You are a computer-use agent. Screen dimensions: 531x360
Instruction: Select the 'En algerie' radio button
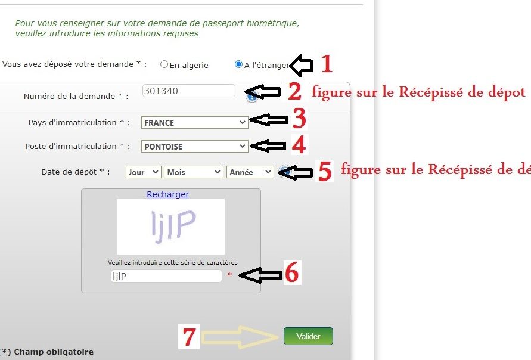tap(164, 64)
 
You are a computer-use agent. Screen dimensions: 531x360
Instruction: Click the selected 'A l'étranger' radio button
tap(239, 64)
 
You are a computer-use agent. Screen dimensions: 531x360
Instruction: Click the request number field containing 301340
tap(189, 91)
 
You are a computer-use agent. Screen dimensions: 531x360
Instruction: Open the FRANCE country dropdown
tap(195, 123)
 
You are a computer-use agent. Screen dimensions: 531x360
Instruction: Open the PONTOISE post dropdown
tap(195, 146)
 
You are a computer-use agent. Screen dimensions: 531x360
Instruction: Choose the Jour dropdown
tap(143, 172)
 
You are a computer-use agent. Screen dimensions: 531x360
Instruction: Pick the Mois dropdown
tap(193, 172)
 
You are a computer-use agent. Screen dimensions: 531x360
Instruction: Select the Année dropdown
tap(250, 172)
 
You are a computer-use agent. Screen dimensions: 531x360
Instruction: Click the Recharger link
tap(167, 194)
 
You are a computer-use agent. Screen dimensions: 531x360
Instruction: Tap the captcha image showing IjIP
tap(170, 226)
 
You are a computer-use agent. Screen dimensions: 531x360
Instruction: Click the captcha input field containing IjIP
tap(166, 276)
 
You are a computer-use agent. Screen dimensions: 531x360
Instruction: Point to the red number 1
tap(327, 63)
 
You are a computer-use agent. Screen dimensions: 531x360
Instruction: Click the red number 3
tap(299, 118)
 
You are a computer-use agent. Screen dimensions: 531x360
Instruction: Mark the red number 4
tap(299, 144)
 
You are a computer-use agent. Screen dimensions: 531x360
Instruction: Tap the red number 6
tap(292, 272)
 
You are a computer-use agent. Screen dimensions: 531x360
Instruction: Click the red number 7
tap(189, 337)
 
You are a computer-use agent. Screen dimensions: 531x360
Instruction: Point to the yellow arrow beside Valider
tap(240, 337)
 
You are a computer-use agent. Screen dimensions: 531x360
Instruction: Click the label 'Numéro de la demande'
tap(69, 96)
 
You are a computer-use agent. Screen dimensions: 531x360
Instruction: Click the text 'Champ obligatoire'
tap(54, 352)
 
